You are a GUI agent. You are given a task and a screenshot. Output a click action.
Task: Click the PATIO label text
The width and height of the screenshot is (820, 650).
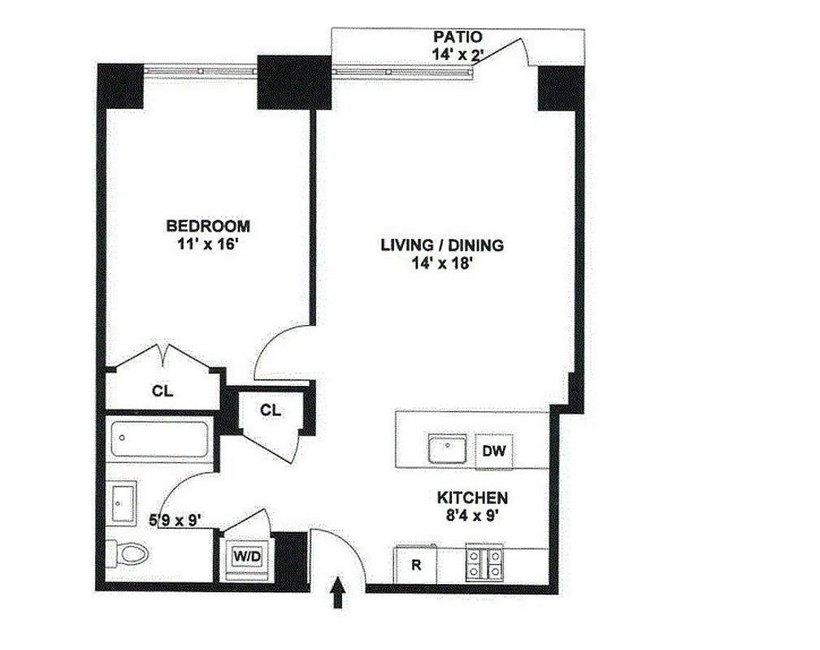click(x=458, y=37)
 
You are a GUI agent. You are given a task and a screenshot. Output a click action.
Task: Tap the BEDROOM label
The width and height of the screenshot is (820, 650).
click(x=208, y=226)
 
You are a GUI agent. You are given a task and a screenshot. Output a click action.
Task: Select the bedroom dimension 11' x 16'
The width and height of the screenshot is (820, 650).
click(x=208, y=245)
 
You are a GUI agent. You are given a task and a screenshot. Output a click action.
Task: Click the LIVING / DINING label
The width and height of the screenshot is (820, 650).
click(x=442, y=245)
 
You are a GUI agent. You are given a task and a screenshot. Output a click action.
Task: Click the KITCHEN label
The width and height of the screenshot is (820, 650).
click(x=472, y=498)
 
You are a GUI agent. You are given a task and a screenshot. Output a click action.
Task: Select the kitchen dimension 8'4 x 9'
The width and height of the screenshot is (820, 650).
click(x=472, y=515)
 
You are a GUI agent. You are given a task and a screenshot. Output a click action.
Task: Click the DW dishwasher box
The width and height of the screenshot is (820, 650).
click(x=494, y=452)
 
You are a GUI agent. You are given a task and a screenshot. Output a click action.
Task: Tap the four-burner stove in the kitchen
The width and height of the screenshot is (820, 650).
click(x=484, y=565)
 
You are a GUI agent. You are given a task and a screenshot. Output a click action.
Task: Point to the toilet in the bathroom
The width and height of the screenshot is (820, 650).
click(x=129, y=555)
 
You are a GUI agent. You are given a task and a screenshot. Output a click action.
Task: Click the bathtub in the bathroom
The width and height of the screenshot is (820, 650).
click(x=160, y=440)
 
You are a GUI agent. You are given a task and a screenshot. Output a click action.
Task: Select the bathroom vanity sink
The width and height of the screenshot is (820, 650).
click(x=122, y=504)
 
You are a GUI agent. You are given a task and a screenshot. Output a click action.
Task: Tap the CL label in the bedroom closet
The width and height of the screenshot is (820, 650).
click(x=163, y=391)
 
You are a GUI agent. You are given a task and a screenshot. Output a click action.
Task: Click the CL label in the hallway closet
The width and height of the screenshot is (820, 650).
click(x=271, y=410)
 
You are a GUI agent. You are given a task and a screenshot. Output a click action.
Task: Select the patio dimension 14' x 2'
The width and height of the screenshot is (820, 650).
click(x=458, y=54)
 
